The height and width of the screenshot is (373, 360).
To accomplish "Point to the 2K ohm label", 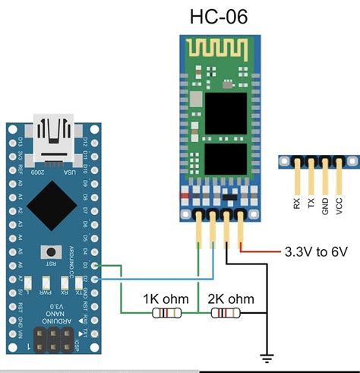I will coord(226,299).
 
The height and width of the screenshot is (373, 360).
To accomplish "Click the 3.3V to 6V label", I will coord(314,251).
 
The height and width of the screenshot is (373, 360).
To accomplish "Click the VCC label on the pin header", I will coord(338,204).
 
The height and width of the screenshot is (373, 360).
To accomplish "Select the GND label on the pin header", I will coord(324,203).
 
